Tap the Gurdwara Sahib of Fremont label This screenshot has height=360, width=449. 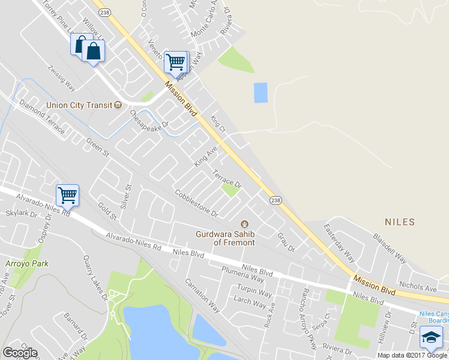[226, 238]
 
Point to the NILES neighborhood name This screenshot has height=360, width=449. [400, 222]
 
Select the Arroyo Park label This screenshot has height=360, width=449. [26, 263]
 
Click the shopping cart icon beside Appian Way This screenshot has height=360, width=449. [175, 61]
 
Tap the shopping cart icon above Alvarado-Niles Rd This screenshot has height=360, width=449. [67, 194]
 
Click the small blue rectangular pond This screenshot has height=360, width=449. [261, 92]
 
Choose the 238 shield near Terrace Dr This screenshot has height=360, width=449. [274, 200]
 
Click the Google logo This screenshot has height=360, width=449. [20, 353]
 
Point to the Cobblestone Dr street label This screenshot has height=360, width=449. [196, 203]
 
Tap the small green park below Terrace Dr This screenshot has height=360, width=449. [229, 191]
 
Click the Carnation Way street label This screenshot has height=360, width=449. [202, 294]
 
